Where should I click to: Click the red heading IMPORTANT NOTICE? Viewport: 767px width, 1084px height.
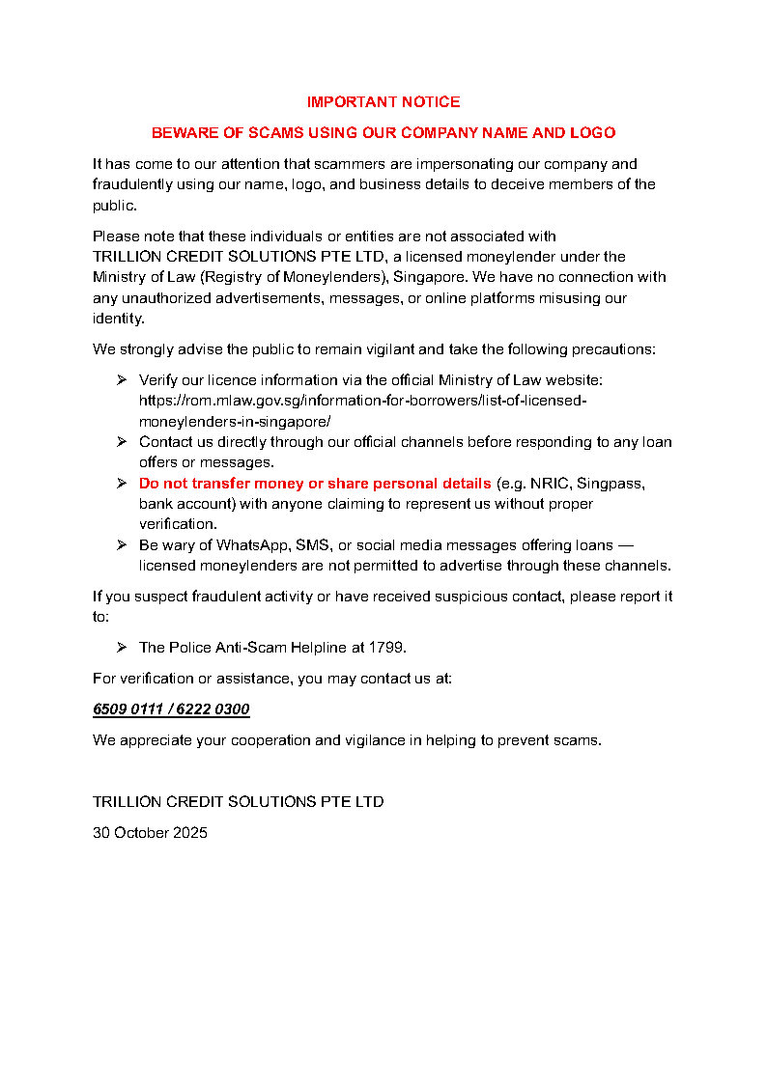click(x=383, y=101)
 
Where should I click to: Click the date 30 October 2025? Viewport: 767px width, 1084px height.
click(x=150, y=832)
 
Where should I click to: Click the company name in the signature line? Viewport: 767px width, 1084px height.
click(x=238, y=801)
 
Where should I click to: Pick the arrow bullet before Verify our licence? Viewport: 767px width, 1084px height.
click(x=122, y=380)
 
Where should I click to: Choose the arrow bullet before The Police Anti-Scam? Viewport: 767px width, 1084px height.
click(x=122, y=647)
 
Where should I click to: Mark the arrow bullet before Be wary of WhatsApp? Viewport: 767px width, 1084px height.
click(x=122, y=544)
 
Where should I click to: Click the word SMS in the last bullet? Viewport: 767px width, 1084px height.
click(x=312, y=544)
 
